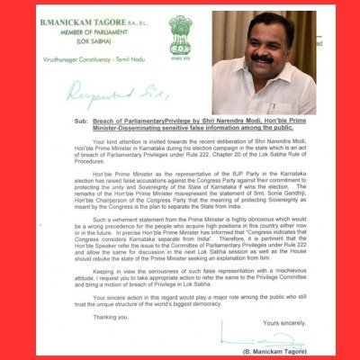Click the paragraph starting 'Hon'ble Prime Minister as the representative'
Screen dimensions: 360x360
tap(179, 193)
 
